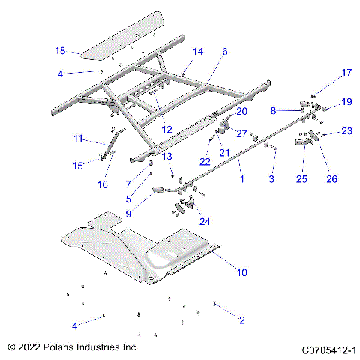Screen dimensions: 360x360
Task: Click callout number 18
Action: click(60, 51)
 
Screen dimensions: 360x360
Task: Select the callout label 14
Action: click(198, 52)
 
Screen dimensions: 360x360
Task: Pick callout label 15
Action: click(77, 165)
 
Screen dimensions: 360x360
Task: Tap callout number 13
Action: click(167, 156)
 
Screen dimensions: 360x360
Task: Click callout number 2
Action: click(241, 320)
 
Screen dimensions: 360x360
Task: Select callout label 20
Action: click(241, 111)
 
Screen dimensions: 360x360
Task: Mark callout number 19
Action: click(346, 101)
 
